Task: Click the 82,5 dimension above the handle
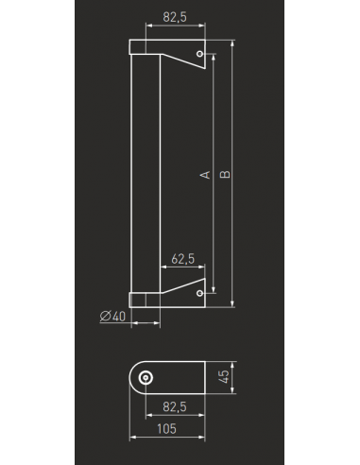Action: [x=175, y=17]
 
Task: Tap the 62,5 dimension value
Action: [x=183, y=259]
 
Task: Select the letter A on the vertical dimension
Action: [x=205, y=175]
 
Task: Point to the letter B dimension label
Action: [x=225, y=174]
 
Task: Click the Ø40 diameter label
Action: [x=112, y=316]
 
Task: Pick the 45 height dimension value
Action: [x=224, y=377]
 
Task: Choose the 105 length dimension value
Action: [x=166, y=429]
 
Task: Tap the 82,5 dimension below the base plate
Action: [x=175, y=406]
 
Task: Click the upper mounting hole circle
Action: [x=199, y=54]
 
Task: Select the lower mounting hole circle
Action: [x=199, y=293]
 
